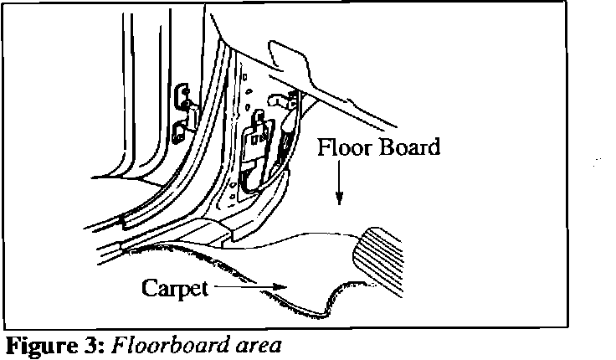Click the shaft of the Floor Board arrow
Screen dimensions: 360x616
click(339, 180)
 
